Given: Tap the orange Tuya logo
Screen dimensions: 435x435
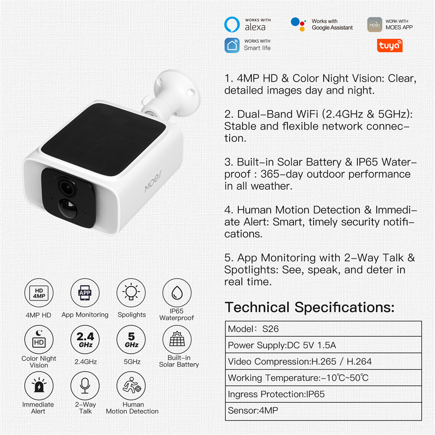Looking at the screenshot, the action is tap(389, 46).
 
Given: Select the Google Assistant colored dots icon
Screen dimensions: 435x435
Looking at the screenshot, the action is tap(298, 24).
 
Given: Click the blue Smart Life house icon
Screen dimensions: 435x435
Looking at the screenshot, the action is tap(232, 45).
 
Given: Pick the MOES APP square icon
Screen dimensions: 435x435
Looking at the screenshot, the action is tap(375, 24).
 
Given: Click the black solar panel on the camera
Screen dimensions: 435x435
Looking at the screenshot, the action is tap(104, 140).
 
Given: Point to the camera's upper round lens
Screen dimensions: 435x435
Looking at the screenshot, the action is tap(67, 187).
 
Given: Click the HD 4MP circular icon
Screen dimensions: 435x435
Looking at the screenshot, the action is tap(39, 293).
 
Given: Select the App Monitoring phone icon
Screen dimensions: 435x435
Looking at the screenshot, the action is tap(85, 293).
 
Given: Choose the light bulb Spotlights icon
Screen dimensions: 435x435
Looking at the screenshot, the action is tap(131, 293).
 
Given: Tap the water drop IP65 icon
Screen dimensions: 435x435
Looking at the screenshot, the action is tap(177, 293).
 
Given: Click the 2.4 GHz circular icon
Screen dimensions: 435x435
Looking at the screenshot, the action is tap(85, 340).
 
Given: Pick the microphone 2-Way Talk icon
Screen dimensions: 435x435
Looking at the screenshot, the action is tap(85, 386).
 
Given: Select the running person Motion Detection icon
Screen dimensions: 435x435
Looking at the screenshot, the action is tap(131, 386).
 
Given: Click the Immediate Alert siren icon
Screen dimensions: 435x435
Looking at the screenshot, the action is tap(39, 386).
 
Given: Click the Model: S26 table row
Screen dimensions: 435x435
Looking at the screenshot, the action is tap(324, 329).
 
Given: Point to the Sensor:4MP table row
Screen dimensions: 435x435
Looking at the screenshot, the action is tap(324, 411).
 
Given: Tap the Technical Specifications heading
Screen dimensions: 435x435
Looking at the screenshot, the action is tap(310, 308).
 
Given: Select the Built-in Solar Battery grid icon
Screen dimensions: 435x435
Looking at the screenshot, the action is tap(177, 340).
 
